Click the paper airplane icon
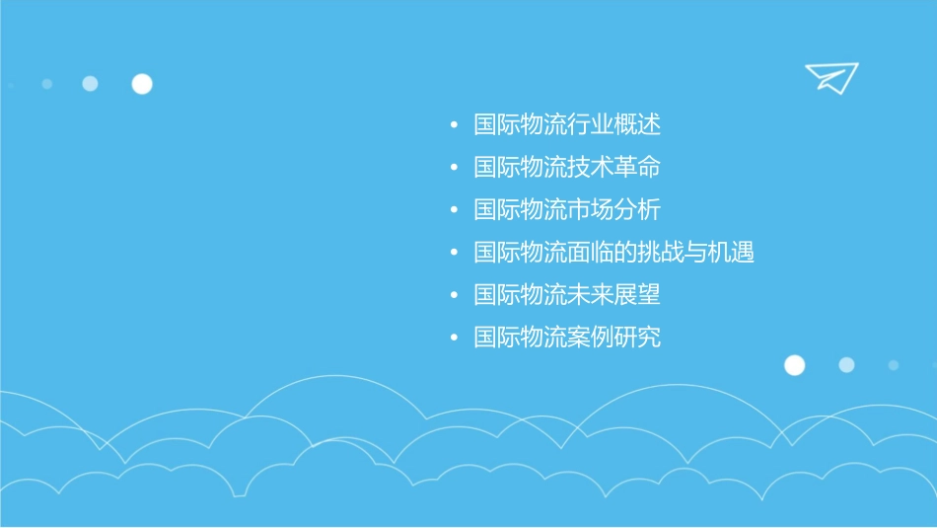click(x=830, y=77)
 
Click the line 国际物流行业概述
click(x=566, y=125)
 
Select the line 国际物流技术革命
click(x=566, y=168)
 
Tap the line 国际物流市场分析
click(x=566, y=210)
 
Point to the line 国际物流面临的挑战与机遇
click(x=613, y=253)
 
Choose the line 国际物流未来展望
click(x=566, y=295)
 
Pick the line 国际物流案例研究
click(x=566, y=338)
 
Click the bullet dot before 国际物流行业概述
click(x=454, y=126)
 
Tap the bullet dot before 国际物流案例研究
click(x=454, y=339)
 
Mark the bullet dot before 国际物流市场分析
click(x=454, y=211)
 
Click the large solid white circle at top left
click(x=142, y=84)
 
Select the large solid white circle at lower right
click(x=794, y=365)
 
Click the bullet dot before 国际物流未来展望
click(x=454, y=296)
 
